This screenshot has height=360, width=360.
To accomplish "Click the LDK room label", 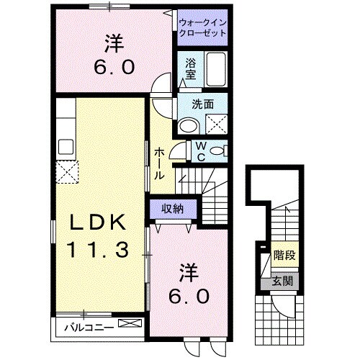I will [x=99, y=223].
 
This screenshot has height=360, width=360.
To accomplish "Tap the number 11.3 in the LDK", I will [x=99, y=250].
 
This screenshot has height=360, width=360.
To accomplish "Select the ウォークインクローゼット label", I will [x=202, y=27].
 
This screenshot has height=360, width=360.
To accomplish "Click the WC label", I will [x=202, y=151].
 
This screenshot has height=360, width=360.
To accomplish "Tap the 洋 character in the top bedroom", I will [x=112, y=45].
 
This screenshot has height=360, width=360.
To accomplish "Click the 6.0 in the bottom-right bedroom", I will [x=190, y=295].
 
